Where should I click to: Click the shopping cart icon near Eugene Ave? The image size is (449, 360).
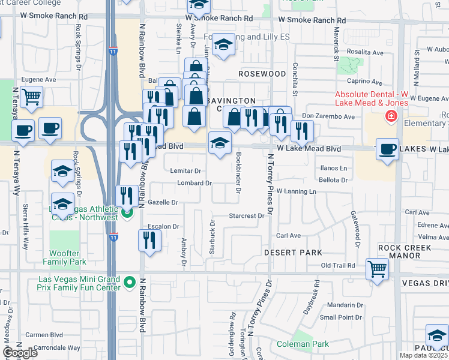[x=31, y=96]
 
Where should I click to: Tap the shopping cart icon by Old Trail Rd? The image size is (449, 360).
[x=377, y=269]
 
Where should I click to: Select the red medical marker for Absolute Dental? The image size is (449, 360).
[x=391, y=116]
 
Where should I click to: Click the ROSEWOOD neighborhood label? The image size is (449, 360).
[x=262, y=73]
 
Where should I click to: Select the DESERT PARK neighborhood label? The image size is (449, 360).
[x=293, y=253]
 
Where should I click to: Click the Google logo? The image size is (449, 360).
[x=20, y=353]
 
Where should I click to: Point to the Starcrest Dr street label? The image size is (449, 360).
[x=247, y=215]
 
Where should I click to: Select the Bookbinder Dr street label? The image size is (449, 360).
[x=238, y=173]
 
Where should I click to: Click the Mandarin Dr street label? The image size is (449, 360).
[x=342, y=304]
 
